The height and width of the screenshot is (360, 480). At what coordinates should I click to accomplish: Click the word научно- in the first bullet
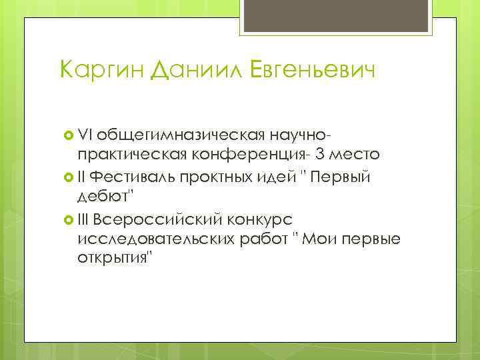(301, 136)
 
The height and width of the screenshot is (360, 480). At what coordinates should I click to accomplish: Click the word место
(358, 155)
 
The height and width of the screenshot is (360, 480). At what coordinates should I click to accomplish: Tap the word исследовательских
(155, 238)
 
